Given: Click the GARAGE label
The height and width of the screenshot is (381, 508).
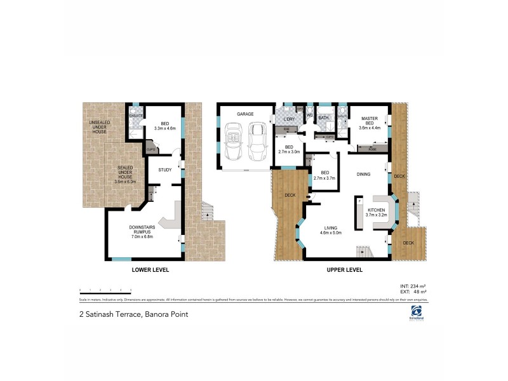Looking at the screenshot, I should click(x=245, y=114).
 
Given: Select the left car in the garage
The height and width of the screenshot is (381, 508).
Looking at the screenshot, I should click(x=232, y=142).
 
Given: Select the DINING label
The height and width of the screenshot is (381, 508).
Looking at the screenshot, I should click(x=363, y=173).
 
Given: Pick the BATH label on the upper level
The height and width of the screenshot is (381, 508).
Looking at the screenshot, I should click(x=323, y=117).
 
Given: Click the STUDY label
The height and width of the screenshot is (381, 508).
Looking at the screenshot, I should click(x=165, y=170).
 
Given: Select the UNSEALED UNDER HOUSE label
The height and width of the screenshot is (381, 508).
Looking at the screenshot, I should click(x=100, y=127).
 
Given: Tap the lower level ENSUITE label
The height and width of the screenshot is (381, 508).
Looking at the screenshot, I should click(x=135, y=116).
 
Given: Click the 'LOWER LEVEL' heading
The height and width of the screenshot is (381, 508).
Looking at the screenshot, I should click(x=150, y=270).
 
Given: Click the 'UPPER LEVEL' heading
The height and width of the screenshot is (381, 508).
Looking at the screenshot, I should click(x=344, y=270).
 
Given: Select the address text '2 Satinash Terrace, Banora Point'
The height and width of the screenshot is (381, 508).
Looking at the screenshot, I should click(x=133, y=314).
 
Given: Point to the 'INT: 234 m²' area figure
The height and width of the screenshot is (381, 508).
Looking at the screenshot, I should click(x=415, y=286).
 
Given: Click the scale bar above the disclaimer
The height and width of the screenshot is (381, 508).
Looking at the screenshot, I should click(x=105, y=290).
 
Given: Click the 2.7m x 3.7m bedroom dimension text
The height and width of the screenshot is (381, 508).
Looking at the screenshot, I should click(x=324, y=178).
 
